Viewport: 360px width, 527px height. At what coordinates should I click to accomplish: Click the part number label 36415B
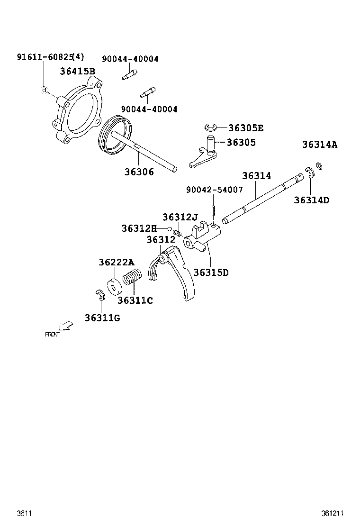pyautogui.click(x=77, y=72)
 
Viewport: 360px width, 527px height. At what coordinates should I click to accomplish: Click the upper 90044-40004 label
pyautogui.click(x=130, y=59)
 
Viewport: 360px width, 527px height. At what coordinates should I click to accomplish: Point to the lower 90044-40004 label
pyautogui.click(x=149, y=109)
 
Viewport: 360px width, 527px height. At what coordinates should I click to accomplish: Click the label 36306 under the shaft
pyautogui.click(x=139, y=172)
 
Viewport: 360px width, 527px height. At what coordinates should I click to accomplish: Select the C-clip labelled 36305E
pyautogui.click(x=211, y=127)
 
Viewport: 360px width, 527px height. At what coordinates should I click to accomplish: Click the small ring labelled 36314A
pyautogui.click(x=319, y=166)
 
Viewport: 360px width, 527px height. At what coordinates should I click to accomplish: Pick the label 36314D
pyautogui.click(x=311, y=200)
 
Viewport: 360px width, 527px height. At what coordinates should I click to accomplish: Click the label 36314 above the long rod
pyautogui.click(x=256, y=176)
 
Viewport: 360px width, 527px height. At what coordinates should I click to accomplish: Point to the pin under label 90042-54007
pyautogui.click(x=214, y=209)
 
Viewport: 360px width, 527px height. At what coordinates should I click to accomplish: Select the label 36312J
pyautogui.click(x=180, y=217)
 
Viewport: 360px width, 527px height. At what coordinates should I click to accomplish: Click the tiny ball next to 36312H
pyautogui.click(x=169, y=229)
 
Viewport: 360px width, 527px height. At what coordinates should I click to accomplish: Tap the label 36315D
pyautogui.click(x=211, y=273)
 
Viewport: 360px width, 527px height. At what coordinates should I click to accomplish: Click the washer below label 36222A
pyautogui.click(x=114, y=287)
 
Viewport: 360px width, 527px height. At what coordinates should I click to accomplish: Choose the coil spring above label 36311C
pyautogui.click(x=133, y=278)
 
